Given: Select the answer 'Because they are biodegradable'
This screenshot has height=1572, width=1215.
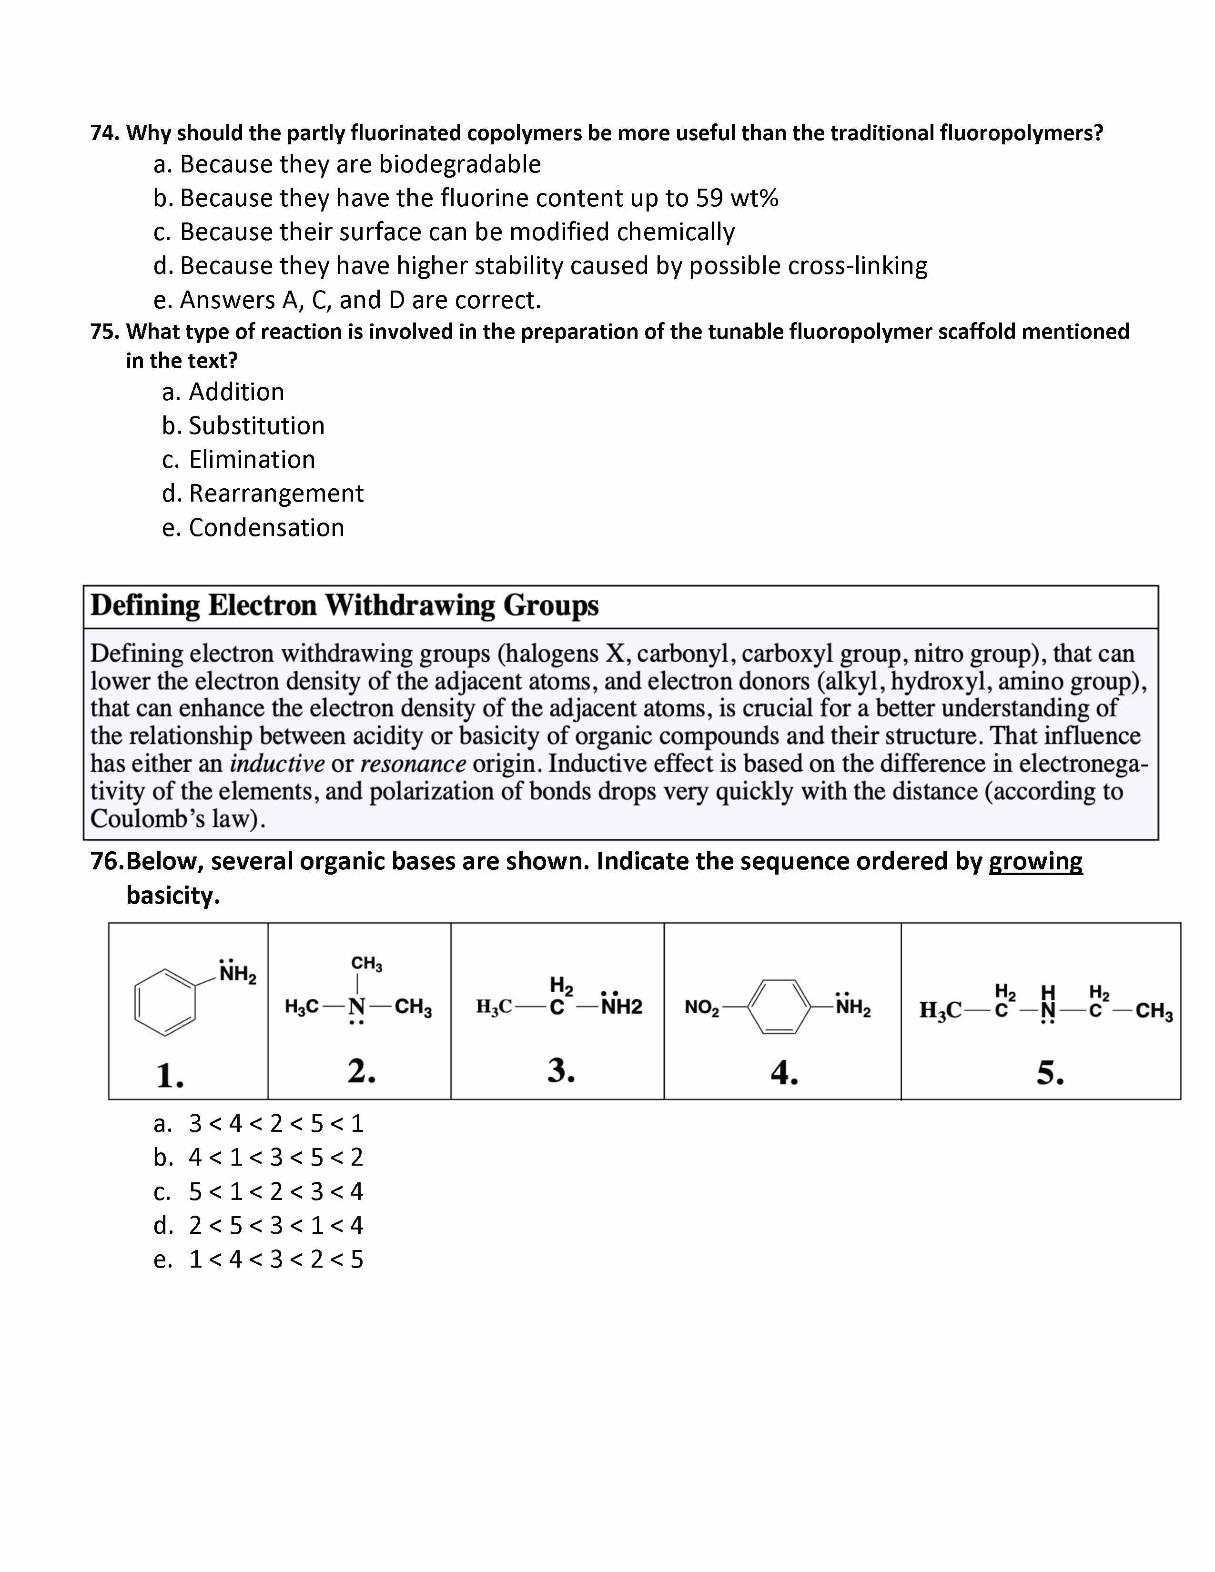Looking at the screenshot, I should point(360,165).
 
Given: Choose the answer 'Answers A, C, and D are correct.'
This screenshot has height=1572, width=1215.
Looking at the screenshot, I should point(360,300).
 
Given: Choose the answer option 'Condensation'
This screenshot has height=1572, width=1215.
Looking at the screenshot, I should point(266,528).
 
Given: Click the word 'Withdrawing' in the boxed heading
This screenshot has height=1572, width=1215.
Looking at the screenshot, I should point(410,606).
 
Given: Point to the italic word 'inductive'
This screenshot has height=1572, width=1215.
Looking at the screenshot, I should point(277,764).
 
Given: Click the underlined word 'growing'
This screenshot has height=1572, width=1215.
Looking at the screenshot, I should point(1035,862).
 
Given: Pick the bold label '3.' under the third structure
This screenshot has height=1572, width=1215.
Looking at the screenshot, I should point(561,1070).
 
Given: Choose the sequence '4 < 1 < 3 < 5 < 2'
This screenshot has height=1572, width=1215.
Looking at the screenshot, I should point(276,1158).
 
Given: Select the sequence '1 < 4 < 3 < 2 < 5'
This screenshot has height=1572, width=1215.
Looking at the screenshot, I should point(276,1260).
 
